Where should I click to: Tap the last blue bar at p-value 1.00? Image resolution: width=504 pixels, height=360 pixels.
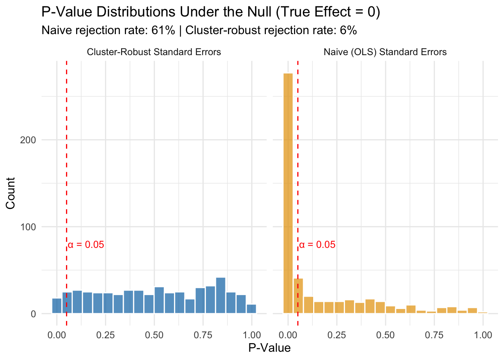click(251, 309)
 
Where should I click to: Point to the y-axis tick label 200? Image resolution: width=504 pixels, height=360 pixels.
click(28, 140)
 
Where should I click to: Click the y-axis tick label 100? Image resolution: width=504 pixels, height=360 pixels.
click(28, 227)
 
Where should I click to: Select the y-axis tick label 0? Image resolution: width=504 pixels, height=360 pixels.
click(33, 314)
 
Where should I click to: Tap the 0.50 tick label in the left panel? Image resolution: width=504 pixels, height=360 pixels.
click(154, 335)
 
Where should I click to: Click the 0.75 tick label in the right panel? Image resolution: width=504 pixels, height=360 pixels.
click(434, 335)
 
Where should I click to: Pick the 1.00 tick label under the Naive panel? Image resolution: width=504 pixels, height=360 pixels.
click(483, 335)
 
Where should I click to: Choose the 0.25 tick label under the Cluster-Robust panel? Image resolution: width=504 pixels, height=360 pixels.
click(105, 335)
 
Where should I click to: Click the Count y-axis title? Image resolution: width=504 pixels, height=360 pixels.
click(10, 193)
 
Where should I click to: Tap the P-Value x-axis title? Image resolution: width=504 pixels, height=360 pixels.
click(269, 348)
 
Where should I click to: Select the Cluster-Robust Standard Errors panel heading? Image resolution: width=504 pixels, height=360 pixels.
click(154, 52)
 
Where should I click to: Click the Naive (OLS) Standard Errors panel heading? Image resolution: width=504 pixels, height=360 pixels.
click(385, 52)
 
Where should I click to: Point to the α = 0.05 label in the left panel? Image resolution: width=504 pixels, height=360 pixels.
click(86, 245)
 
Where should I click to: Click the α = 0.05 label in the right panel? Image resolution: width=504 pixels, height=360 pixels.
click(317, 245)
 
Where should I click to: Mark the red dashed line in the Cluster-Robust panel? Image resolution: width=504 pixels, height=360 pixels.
click(66, 169)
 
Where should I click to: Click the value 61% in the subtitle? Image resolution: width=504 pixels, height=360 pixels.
click(163, 30)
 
